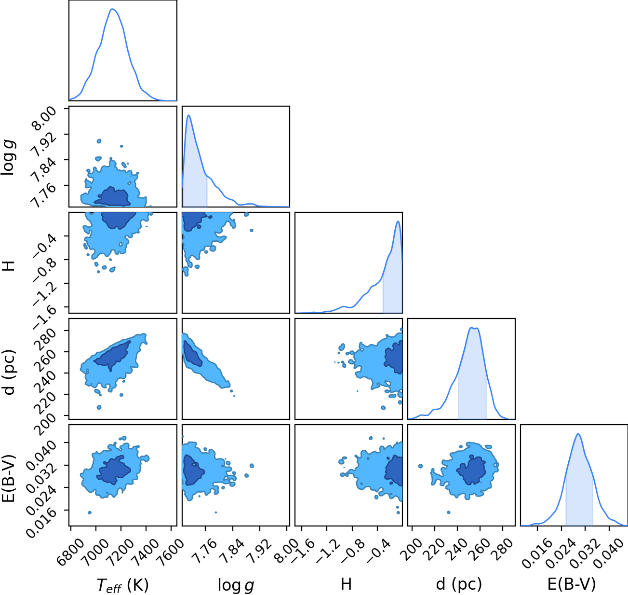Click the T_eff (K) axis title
123,585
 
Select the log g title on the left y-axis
8,158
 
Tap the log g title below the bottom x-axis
236,585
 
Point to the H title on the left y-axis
9,265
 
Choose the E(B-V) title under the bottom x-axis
572,584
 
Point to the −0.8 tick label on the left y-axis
44,271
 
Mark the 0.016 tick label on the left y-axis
41,522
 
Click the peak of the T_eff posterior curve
112,9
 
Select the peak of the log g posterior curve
188,115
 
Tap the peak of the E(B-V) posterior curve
578,434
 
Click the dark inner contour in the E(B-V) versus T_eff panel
114,470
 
